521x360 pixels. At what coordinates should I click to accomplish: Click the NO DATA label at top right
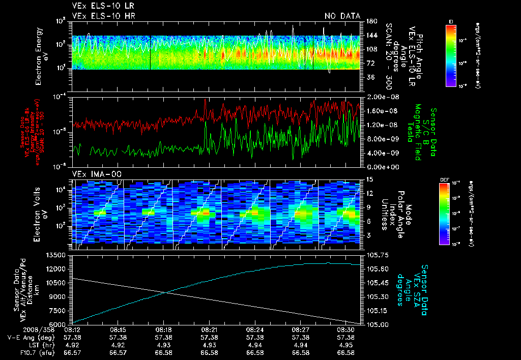342,16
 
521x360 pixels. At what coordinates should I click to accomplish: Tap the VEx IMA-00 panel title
92,174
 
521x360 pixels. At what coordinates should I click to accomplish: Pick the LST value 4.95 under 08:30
346,345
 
